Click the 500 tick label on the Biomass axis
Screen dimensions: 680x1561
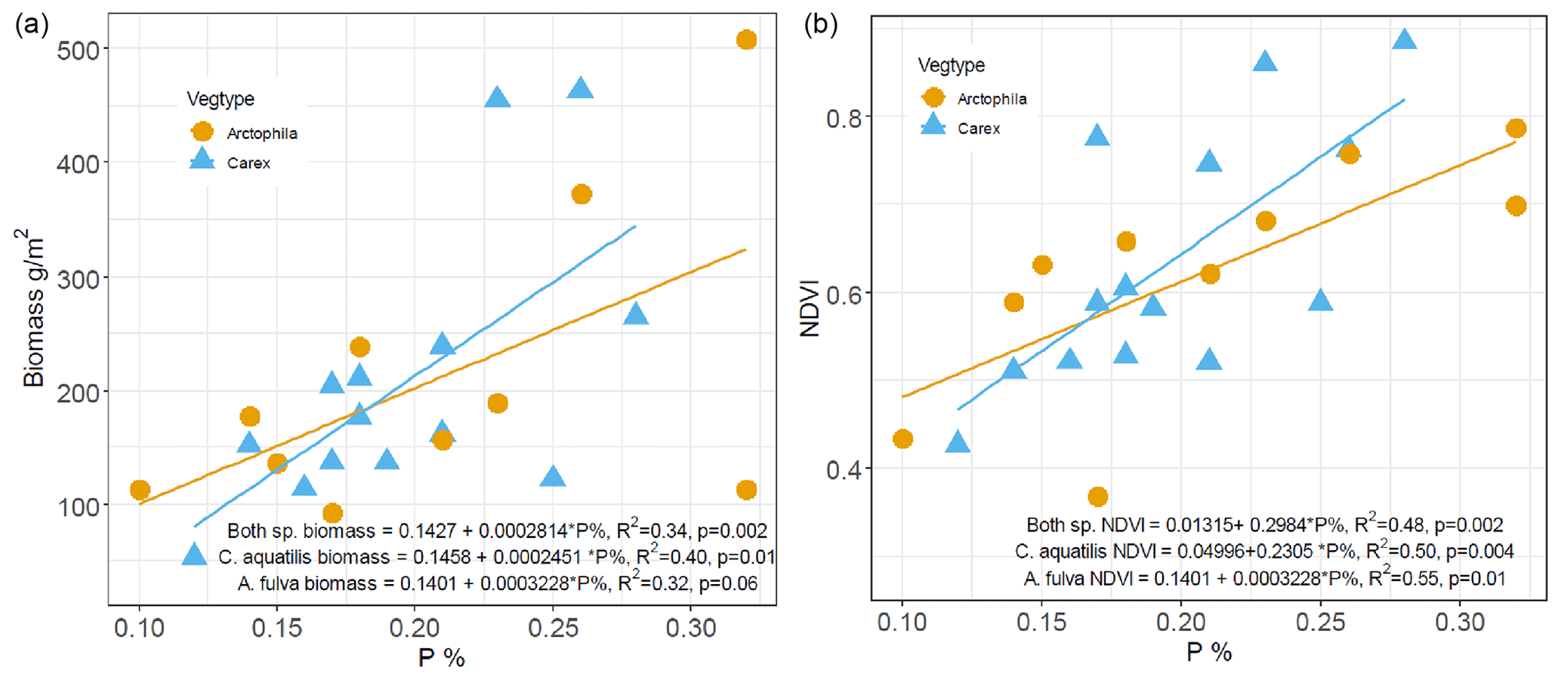pos(78,50)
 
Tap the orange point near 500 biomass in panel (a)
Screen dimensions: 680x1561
pos(746,40)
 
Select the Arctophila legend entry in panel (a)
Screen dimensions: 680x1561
pos(261,134)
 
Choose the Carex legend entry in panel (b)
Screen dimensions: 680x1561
pos(978,128)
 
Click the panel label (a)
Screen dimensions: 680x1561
pos(32,25)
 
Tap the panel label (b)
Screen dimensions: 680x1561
pos(820,25)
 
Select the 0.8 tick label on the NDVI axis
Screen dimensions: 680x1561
pos(844,118)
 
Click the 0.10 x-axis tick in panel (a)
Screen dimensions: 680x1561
pos(139,627)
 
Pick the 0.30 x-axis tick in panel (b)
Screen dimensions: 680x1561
pos(1459,623)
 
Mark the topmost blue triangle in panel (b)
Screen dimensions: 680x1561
pos(1404,39)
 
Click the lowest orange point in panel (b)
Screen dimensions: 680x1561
pos(1097,496)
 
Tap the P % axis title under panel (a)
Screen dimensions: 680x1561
pos(441,658)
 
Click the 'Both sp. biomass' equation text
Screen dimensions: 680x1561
pos(497,530)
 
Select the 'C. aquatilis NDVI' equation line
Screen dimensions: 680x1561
pos(1263,552)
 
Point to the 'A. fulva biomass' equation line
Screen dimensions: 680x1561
pos(497,583)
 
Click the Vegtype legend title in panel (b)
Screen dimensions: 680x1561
pos(951,66)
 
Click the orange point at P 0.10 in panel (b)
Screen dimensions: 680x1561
pos(902,439)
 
